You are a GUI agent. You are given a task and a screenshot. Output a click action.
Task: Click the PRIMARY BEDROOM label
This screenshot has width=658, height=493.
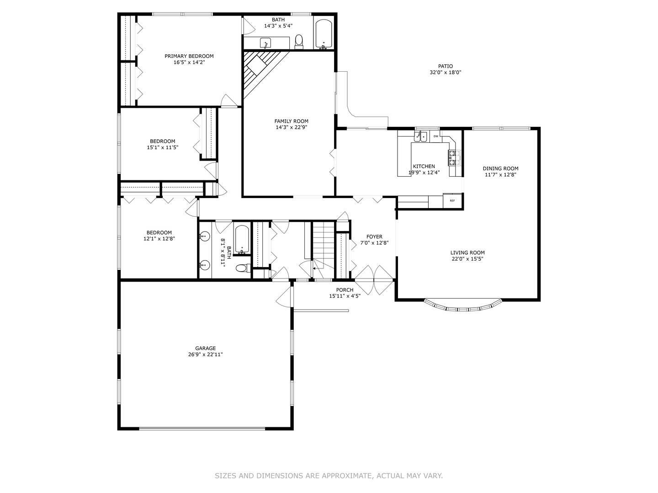189,56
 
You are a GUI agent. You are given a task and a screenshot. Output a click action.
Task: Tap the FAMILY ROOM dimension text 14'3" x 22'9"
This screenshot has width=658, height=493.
291,128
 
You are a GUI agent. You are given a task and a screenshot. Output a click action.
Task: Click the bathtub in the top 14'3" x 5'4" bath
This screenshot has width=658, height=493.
324,34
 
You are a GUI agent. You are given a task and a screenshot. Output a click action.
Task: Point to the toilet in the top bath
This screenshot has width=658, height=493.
299,41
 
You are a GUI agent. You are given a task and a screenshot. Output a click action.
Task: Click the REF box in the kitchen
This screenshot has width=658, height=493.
452,201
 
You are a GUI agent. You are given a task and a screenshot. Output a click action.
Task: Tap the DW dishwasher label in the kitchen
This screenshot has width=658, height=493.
435,136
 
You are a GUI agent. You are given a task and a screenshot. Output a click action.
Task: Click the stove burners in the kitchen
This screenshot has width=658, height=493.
452,157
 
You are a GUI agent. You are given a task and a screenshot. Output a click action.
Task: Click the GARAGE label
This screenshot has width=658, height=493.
205,348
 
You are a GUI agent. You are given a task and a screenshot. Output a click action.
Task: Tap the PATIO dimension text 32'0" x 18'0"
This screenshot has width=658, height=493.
445,72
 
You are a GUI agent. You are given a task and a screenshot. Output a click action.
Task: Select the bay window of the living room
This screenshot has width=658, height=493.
464,306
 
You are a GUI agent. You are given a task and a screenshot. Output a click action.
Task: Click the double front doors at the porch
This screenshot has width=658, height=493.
374,279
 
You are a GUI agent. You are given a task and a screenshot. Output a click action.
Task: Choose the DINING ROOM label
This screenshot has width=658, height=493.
501,168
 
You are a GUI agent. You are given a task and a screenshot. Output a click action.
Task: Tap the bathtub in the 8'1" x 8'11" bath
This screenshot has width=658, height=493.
242,239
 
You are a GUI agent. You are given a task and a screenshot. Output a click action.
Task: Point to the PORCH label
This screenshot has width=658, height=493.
345,290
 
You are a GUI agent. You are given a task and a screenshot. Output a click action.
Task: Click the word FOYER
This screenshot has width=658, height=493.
374,236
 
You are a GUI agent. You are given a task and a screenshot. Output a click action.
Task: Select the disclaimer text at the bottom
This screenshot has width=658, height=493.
329,476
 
